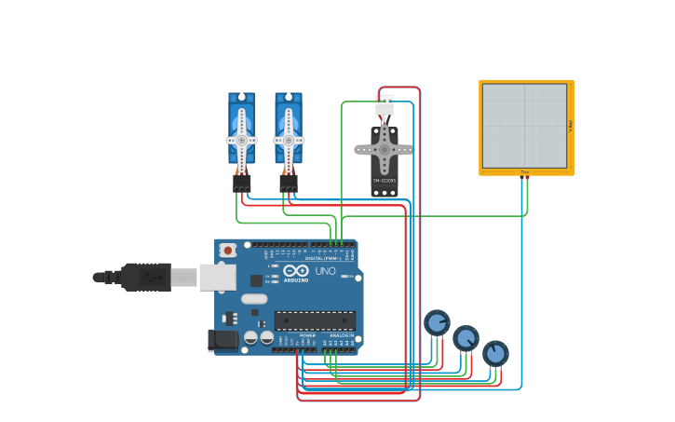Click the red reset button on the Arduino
(x=226, y=250)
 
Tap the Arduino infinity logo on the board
(x=296, y=270)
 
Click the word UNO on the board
(x=325, y=271)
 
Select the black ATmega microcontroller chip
(x=314, y=320)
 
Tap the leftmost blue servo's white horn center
(x=241, y=140)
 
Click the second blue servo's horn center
(x=288, y=140)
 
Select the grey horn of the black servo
(x=384, y=148)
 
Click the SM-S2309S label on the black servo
(x=384, y=181)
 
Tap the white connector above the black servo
(x=384, y=105)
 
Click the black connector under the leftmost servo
(x=241, y=184)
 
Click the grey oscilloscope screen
(x=524, y=126)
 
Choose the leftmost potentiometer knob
(x=437, y=322)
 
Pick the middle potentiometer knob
(x=466, y=337)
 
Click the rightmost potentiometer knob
(x=495, y=353)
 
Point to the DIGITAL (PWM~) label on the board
(x=322, y=258)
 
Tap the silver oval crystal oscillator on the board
(x=254, y=299)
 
